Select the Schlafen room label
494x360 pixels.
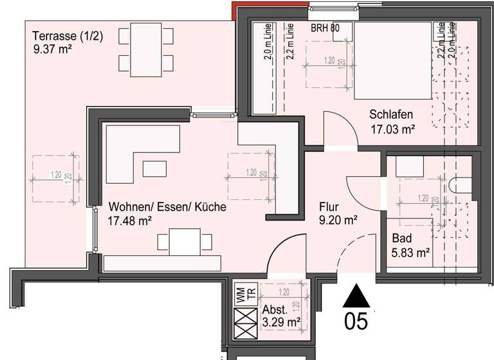click(390, 114)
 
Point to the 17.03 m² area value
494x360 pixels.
click(392, 129)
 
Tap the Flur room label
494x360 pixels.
click(329, 208)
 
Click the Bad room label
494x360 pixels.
click(402, 239)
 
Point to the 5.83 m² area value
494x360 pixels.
click(411, 253)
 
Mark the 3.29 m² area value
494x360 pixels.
click(282, 321)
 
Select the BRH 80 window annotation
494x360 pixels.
click(325, 28)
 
